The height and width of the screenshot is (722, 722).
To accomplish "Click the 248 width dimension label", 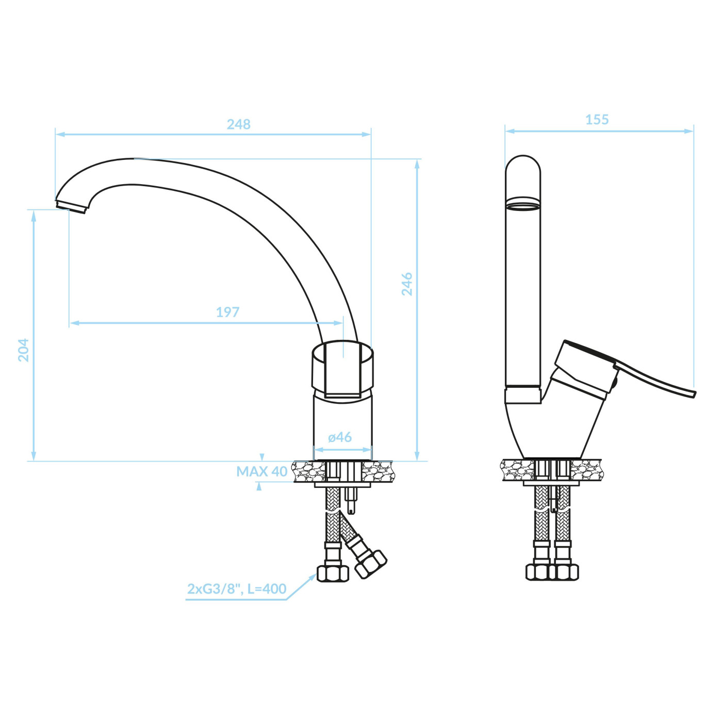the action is click(x=238, y=124).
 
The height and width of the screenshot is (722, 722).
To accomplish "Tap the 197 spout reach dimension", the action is click(x=227, y=311).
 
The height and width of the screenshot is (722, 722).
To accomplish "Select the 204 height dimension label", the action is click(x=24, y=350).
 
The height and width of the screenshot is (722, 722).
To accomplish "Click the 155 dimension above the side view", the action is click(x=597, y=120).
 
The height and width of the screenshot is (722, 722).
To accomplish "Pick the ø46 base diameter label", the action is click(x=339, y=437).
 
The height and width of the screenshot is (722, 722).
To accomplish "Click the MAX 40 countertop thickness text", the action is click(x=262, y=471).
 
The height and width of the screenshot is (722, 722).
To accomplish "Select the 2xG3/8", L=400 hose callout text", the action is click(x=237, y=588).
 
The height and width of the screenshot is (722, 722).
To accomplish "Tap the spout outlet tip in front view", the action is click(x=71, y=206).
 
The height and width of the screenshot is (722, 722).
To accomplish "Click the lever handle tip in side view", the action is click(x=694, y=394).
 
